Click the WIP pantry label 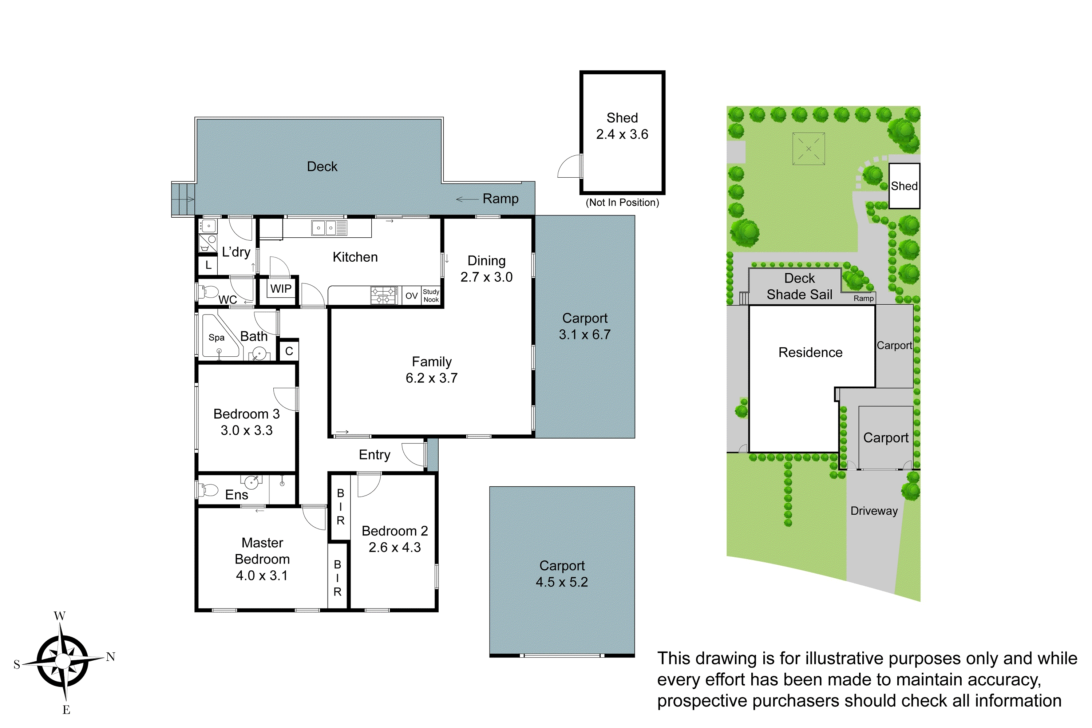point(281,289)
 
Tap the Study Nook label point(431,296)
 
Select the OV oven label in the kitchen point(411,296)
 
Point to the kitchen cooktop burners point(384,295)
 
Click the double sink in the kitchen point(324,228)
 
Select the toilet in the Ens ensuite point(209,490)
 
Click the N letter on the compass point(111,657)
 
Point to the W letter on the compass point(59,616)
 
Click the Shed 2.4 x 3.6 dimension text point(622,134)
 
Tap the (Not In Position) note point(622,202)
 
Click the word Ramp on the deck point(500,199)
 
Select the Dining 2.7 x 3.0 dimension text point(487,277)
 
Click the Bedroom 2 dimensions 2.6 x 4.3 point(395,547)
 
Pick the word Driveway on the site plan point(874,511)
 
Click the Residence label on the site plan point(810,352)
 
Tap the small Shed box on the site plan point(904,186)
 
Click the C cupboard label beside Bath point(289,351)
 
